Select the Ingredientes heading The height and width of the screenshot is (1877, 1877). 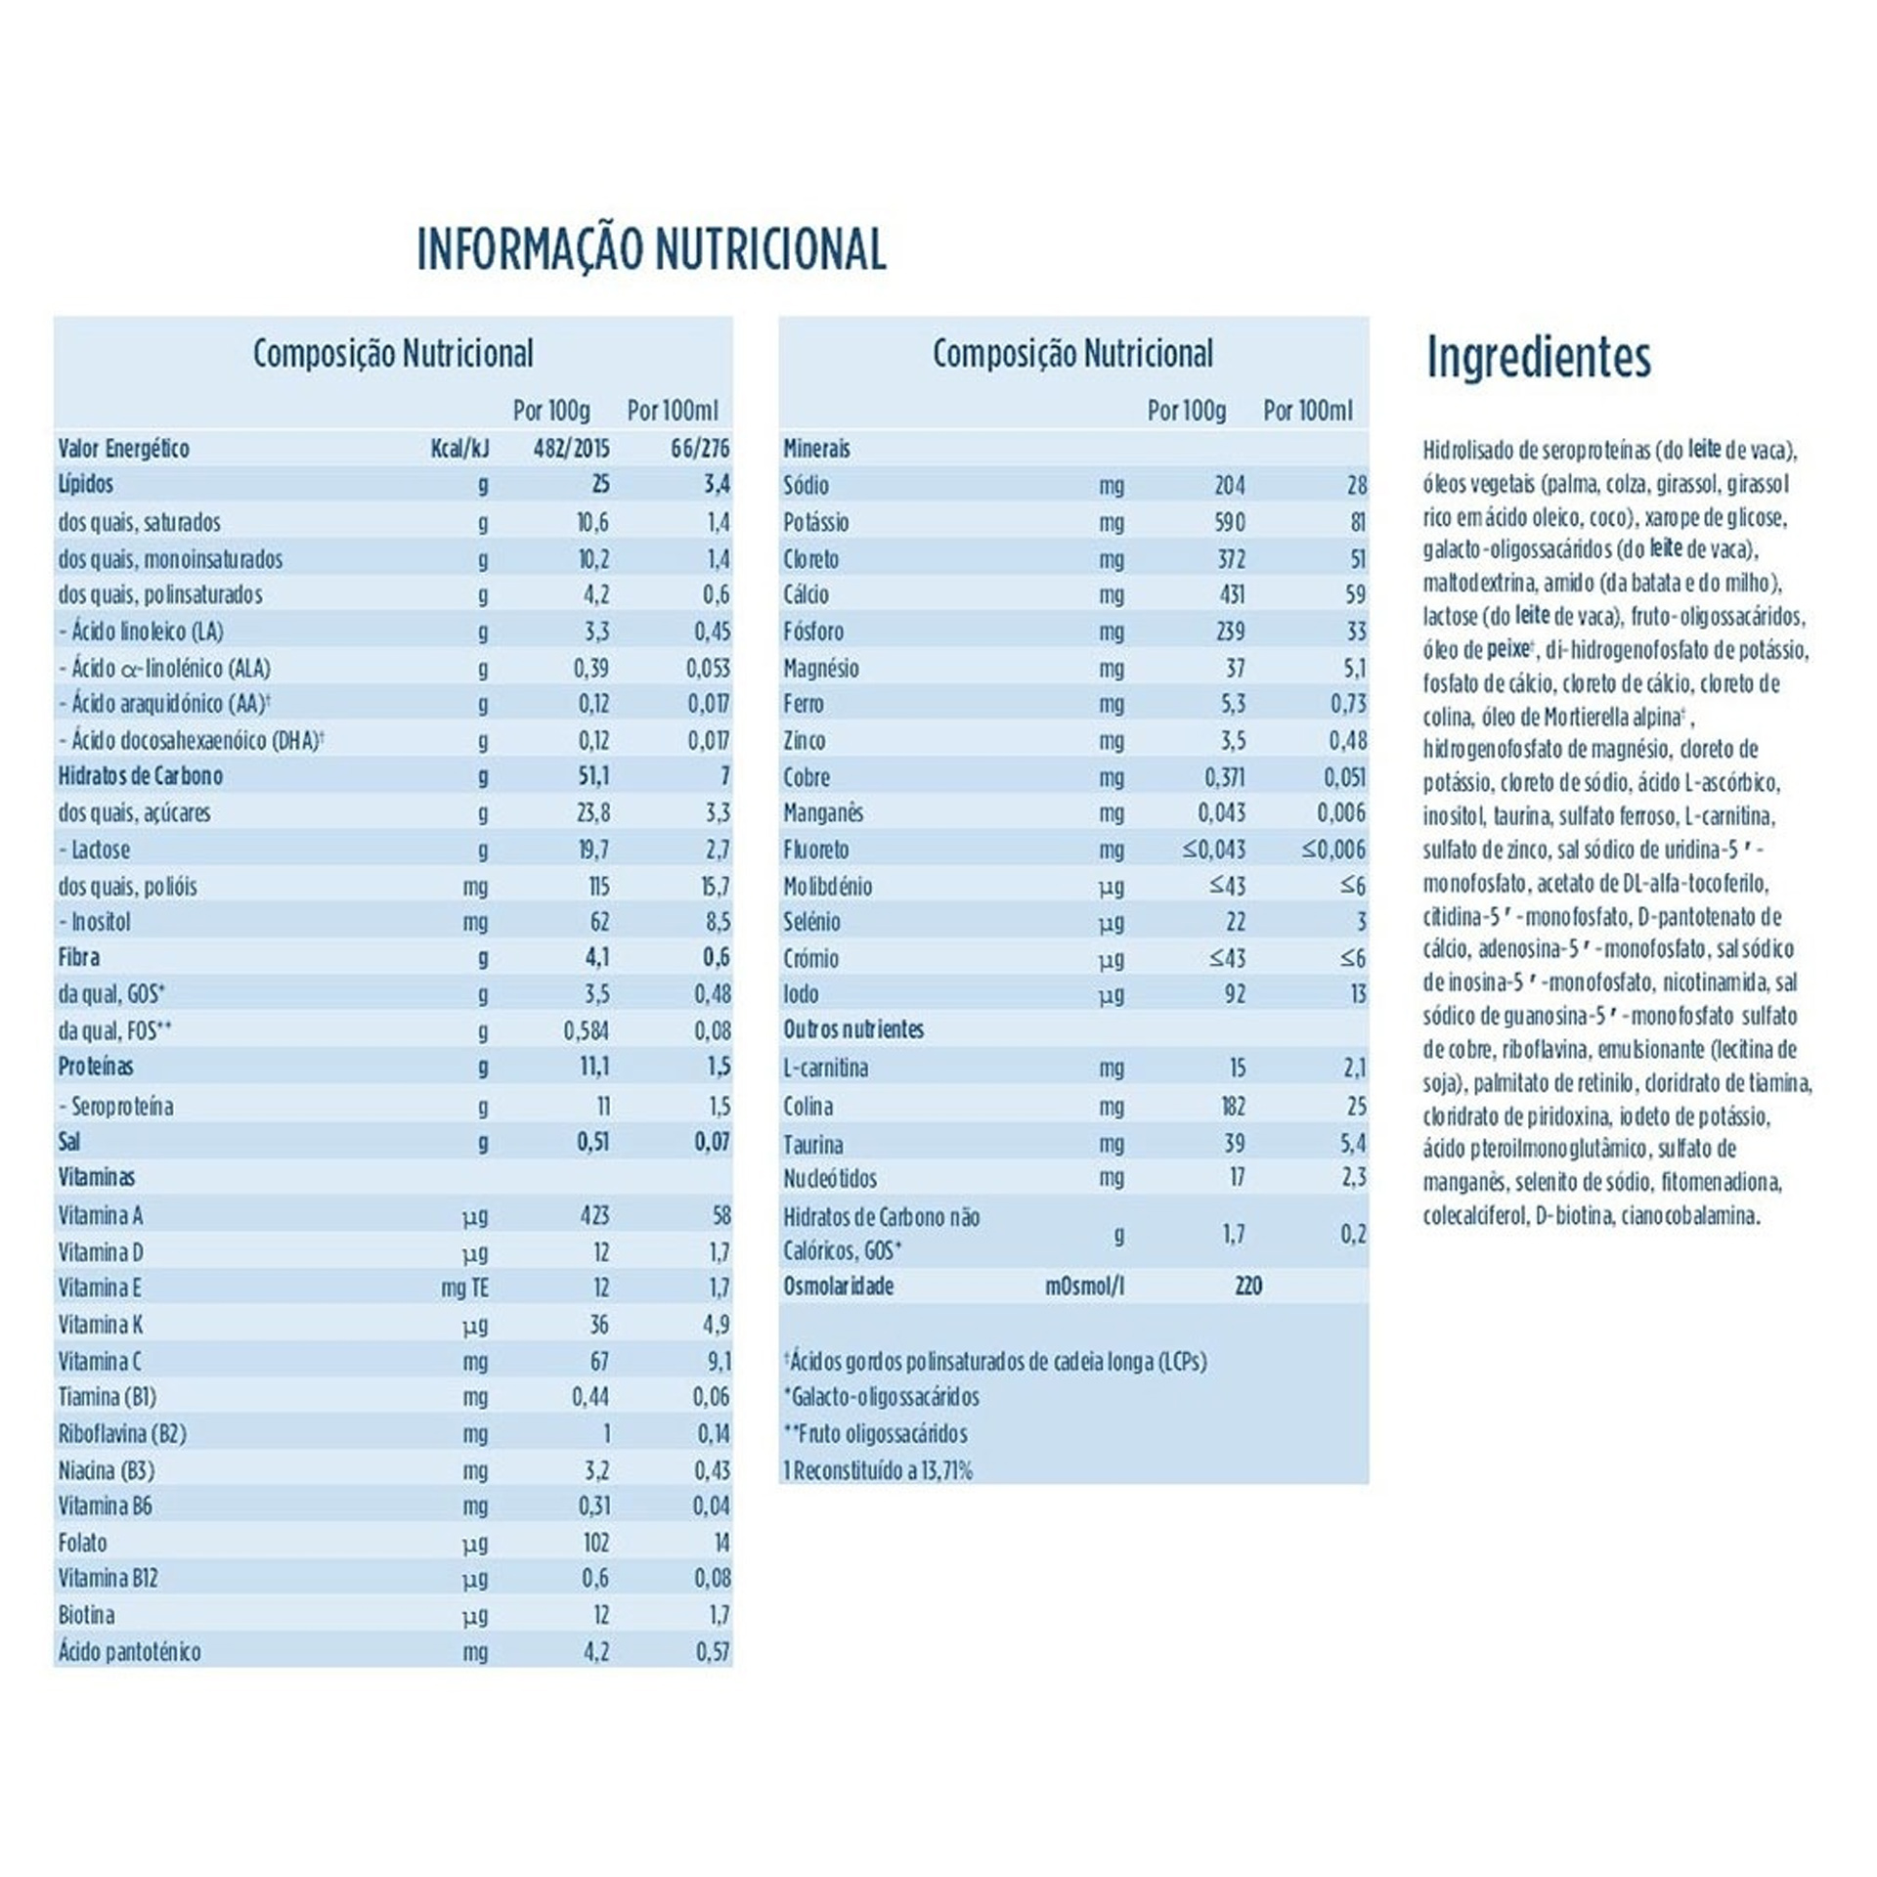1538,358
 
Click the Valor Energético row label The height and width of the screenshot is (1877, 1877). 123,449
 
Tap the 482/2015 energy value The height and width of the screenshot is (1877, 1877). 571,449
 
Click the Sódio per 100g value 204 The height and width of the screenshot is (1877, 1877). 1229,485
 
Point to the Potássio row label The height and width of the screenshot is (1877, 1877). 815,522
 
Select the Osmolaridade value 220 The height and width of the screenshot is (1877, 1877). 1247,1287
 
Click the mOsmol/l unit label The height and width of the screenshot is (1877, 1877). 1084,1287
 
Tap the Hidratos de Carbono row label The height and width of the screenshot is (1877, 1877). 141,776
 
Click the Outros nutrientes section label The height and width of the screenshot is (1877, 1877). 853,1029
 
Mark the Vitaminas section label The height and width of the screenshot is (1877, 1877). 97,1177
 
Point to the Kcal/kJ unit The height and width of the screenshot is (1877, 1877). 459,449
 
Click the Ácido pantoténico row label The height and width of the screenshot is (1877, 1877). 129,1652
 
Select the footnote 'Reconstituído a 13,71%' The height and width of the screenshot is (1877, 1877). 878,1470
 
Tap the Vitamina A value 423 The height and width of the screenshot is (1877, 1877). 593,1215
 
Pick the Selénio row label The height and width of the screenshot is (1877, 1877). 811,922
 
